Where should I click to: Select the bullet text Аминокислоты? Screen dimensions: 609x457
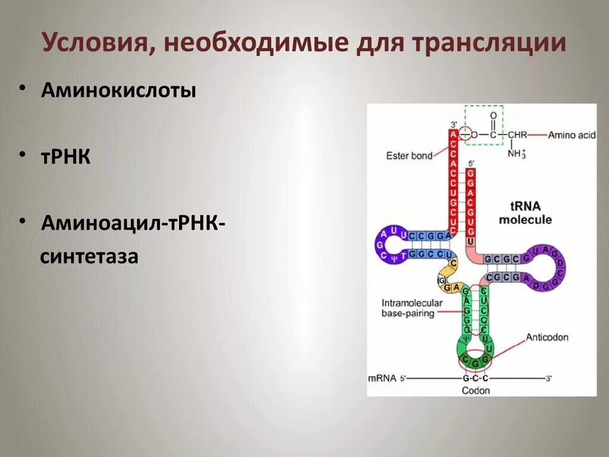tap(118, 91)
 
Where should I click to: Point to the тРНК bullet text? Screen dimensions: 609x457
tap(65, 157)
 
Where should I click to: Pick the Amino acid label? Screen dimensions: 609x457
tap(571, 135)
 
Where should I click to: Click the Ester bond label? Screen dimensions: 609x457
tap(409, 156)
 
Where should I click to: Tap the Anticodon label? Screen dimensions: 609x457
tap(547, 337)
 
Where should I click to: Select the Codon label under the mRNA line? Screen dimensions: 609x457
tap(476, 390)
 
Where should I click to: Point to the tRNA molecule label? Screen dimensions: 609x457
tap(525, 213)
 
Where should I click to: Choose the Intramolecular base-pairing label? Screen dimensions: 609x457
tap(412, 308)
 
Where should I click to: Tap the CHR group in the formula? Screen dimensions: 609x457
tap(517, 135)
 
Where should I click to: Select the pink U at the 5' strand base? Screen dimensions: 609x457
tap(470, 242)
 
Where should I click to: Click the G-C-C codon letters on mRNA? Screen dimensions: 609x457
tap(475, 378)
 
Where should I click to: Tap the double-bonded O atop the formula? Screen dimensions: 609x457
tap(493, 116)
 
